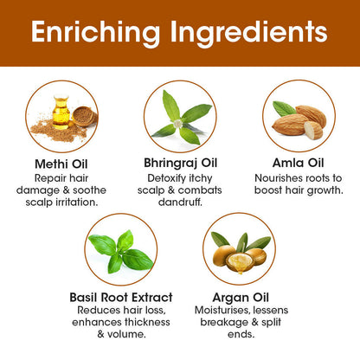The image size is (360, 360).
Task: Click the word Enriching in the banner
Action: coord(95,33)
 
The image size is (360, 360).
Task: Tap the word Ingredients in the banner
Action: coord(249,33)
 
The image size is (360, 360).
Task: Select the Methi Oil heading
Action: coord(61,164)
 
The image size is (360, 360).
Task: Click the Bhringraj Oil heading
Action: coord(180,164)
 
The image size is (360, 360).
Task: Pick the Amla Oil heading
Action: coord(299,163)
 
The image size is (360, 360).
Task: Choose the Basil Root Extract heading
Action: coord(121,298)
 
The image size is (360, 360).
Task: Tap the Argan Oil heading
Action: coord(241,299)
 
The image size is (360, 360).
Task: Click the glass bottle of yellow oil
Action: coord(61,112)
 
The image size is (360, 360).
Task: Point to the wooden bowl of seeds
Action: coord(84,116)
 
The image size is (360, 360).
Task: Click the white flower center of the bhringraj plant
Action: coord(178,124)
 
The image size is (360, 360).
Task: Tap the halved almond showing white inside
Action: coord(313,130)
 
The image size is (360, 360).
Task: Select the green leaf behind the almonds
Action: coord(284,108)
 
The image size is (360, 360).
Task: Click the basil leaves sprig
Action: coord(121,252)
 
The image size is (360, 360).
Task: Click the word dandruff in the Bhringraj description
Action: coord(180,202)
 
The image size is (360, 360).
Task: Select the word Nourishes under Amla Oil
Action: coord(275,178)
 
